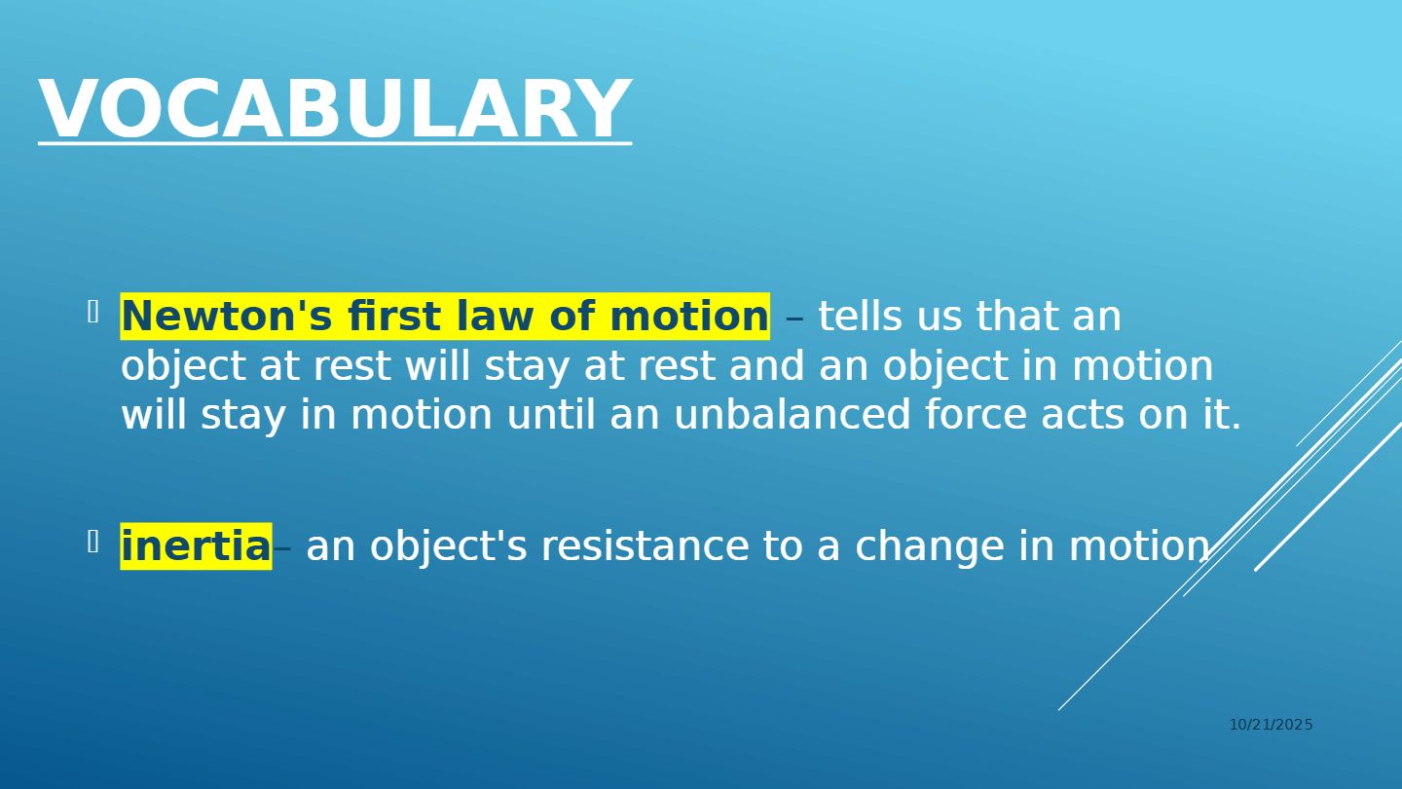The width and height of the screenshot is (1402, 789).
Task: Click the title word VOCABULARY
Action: click(335, 108)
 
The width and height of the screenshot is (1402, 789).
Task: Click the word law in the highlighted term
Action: click(495, 316)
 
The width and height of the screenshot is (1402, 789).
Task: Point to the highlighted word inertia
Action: click(196, 546)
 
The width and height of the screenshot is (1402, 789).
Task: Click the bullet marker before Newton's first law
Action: click(93, 312)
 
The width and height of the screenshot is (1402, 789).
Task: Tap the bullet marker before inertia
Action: click(93, 542)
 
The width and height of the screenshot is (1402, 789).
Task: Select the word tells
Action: click(861, 316)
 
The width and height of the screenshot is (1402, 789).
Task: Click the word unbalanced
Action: click(792, 415)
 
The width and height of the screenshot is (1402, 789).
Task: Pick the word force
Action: click(976, 415)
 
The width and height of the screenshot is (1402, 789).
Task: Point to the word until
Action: click(551, 415)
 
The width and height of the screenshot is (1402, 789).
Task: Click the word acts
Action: click(1083, 416)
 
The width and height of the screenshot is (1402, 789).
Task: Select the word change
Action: click(930, 546)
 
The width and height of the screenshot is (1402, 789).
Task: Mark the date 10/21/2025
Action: click(1272, 725)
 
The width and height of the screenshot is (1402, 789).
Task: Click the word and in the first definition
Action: click(767, 365)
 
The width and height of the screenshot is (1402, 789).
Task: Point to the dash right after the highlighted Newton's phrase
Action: click(794, 319)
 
